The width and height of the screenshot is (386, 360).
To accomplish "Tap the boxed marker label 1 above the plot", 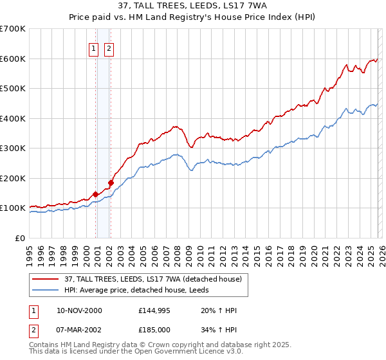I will pos(93,48).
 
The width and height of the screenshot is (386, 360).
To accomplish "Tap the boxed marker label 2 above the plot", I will pos(109,48).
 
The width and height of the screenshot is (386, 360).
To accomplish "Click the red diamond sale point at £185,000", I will pos(111,183).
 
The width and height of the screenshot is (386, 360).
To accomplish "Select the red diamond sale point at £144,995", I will pos(96,194).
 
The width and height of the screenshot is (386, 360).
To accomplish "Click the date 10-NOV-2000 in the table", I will pos(79,310).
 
